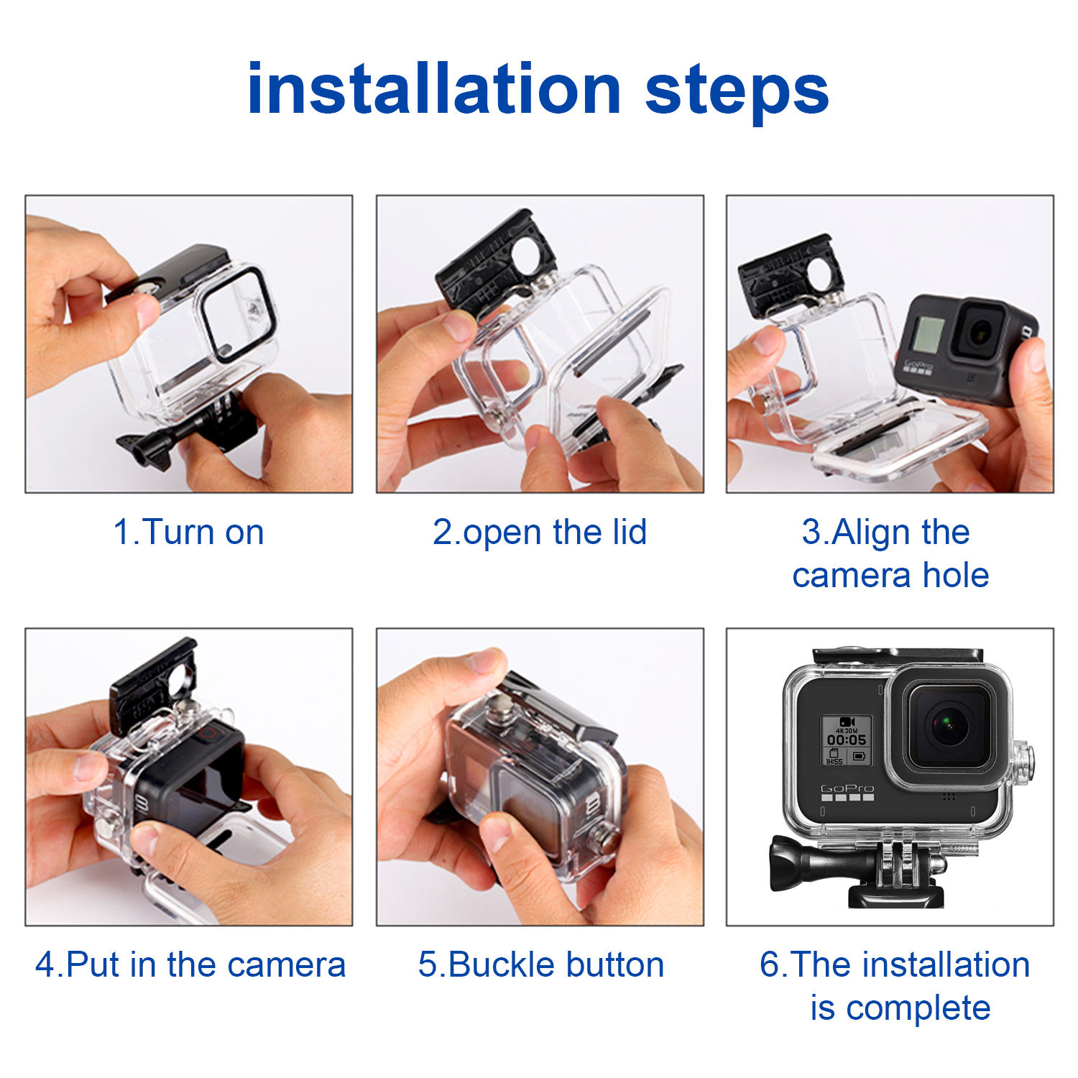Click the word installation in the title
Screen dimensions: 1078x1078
[434, 89]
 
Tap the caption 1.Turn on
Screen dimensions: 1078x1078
[188, 533]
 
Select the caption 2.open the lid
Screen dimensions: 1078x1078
[540, 533]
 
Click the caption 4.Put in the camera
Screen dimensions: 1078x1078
[190, 964]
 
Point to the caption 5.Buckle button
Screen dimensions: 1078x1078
[540, 964]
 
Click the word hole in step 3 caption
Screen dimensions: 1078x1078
[955, 575]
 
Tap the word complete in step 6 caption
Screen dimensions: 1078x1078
[918, 1008]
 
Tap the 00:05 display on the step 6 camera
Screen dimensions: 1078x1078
[846, 740]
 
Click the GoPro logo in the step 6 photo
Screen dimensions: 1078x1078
[847, 789]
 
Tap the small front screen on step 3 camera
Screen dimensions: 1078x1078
[928, 334]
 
